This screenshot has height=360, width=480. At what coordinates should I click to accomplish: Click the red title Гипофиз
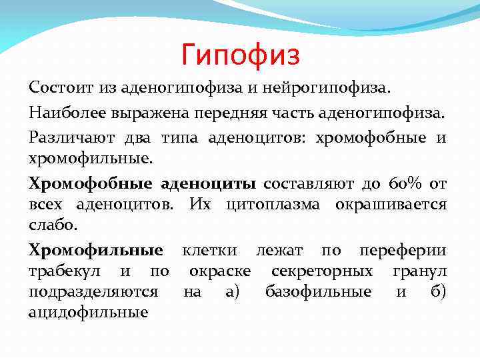(x=241, y=54)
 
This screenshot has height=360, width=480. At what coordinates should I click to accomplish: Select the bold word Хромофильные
(x=96, y=251)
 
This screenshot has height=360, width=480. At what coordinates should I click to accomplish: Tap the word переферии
(x=402, y=251)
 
